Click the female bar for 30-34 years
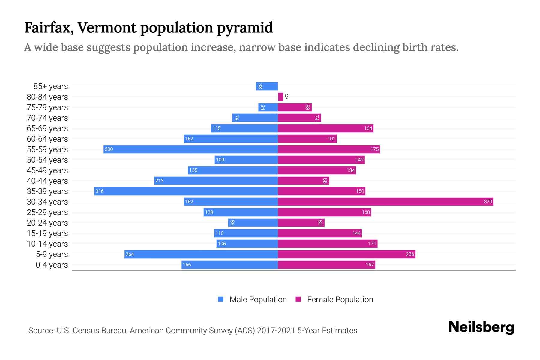pyautogui.click(x=385, y=202)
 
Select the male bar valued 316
pyautogui.click(x=186, y=191)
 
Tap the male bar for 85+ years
pyautogui.click(x=267, y=86)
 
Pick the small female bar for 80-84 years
pyautogui.click(x=280, y=97)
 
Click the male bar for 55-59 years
pyautogui.click(x=191, y=149)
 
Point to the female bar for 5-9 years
pyautogui.click(x=346, y=254)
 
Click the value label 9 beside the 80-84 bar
pyautogui.click(x=287, y=97)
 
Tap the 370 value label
pyautogui.click(x=488, y=202)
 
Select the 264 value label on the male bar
pyautogui.click(x=130, y=254)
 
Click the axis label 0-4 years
pyautogui.click(x=52, y=265)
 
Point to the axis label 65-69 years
pyautogui.click(x=47, y=128)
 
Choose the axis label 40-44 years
pyautogui.click(x=47, y=181)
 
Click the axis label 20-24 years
pyautogui.click(x=47, y=223)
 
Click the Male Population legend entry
pyautogui.click(x=258, y=299)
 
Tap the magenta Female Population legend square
pyautogui.click(x=298, y=299)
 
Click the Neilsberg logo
pyautogui.click(x=481, y=327)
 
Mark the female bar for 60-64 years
pyautogui.click(x=307, y=139)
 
